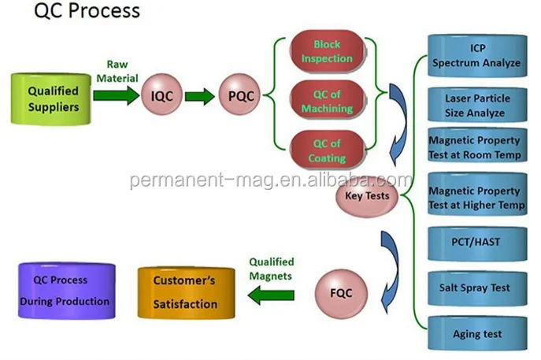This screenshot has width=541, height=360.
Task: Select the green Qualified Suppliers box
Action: [x=54, y=98]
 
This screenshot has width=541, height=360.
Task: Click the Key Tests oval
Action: [x=368, y=195]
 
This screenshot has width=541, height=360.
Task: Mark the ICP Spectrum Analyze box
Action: [x=477, y=54]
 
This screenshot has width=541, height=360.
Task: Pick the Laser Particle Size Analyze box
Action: [x=477, y=106]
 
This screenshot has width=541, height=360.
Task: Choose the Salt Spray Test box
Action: [x=477, y=288]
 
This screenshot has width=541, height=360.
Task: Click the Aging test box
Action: [x=477, y=333]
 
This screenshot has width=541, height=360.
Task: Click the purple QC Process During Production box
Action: [x=66, y=290]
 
